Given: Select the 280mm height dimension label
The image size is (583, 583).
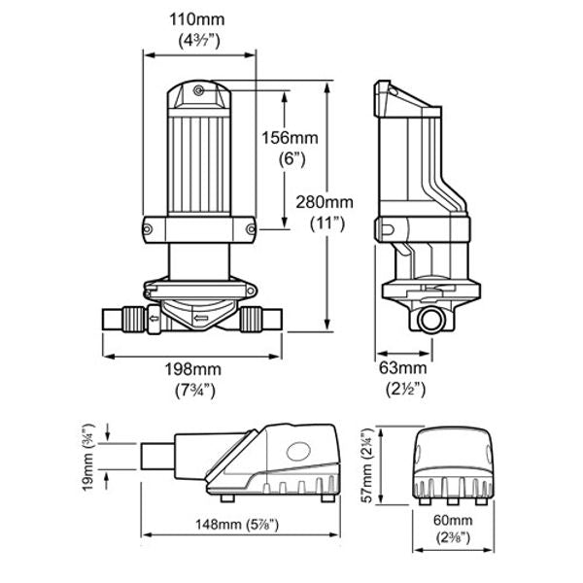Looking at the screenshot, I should pyautogui.click(x=325, y=201).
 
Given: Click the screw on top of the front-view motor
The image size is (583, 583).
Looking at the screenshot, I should pyautogui.click(x=198, y=89).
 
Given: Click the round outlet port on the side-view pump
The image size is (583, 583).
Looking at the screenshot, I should pyautogui.click(x=428, y=318).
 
